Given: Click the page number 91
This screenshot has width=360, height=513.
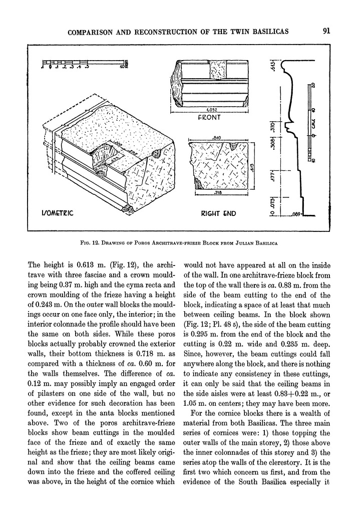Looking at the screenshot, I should tap(326, 31).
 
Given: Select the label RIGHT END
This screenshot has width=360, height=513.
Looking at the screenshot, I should tap(218, 214).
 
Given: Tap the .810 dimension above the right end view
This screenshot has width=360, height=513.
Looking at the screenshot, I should tap(217, 136).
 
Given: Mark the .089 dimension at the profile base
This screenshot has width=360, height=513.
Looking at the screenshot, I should tap(298, 214).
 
